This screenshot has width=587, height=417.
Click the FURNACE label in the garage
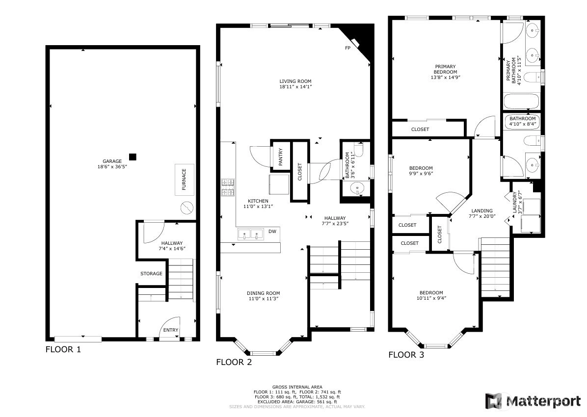coord(184,179)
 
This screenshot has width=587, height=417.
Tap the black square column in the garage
coord(133,157)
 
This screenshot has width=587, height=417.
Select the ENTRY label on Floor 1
coord(171,330)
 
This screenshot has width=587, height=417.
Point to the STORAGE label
coord(151,274)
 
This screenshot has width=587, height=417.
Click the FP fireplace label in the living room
coord(348,48)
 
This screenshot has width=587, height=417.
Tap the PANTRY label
coord(280,157)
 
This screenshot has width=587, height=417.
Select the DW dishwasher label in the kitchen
coord(272,232)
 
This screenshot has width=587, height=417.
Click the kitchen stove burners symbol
coord(228,187)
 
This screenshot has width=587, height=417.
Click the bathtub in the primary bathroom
coord(522,102)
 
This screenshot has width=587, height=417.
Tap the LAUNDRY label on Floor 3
coord(515,203)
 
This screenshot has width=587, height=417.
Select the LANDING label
coord(482,211)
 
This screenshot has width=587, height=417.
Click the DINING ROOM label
coord(263,293)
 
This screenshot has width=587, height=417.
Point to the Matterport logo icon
coord(494,401)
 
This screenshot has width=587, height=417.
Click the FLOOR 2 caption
coord(234,362)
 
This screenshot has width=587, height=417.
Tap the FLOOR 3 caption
coord(406,355)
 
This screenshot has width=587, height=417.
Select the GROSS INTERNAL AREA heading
coord(297,387)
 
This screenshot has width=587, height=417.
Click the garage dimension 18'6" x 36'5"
coord(112,167)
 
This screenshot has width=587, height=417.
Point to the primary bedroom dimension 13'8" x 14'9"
coord(445,78)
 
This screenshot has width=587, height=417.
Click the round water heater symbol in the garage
coord(187,208)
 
